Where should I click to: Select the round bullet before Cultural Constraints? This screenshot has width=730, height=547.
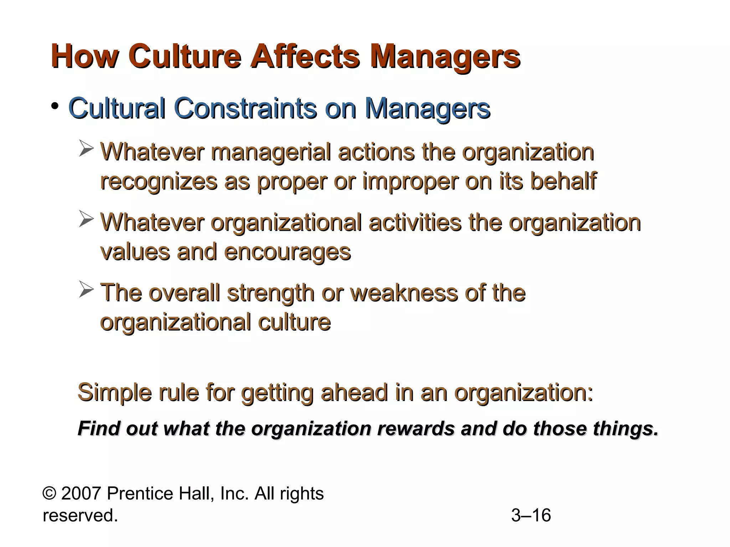click(55, 106)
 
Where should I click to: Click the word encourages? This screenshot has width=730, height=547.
click(288, 252)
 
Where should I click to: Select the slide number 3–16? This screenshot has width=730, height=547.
click(531, 515)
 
